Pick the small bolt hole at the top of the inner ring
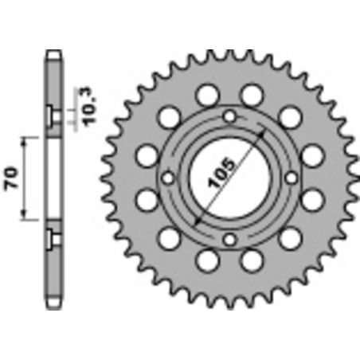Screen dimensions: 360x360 229,118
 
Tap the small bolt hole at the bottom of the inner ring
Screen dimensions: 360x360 229,238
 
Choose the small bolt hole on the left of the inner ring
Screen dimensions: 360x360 169,178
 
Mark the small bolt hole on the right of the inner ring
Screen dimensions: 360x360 290,178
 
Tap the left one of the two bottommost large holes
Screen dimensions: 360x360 206,259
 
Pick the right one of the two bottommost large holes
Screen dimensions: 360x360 252,259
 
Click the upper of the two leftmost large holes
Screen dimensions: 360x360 148,155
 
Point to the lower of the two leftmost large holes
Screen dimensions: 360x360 148,200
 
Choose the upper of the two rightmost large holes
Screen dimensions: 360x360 311,155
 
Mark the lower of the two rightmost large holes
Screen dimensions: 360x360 311,200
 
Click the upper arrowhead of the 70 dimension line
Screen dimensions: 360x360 26,140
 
